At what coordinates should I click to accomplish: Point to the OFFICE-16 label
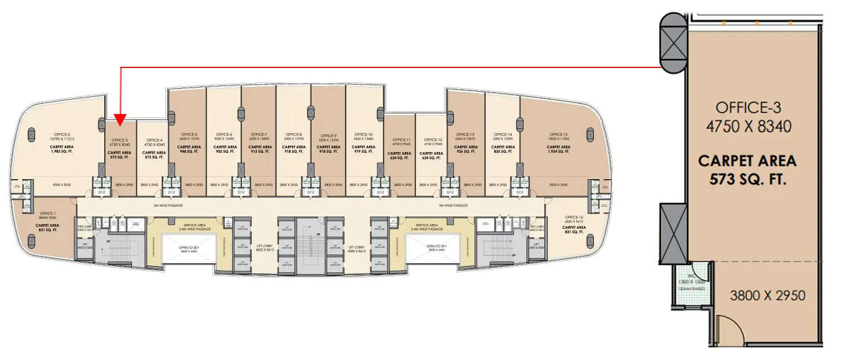coord(573,216)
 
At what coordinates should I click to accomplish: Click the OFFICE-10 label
coord(364,134)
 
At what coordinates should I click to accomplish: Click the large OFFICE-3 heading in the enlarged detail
coord(748,107)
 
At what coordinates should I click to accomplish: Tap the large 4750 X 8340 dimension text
coord(748,126)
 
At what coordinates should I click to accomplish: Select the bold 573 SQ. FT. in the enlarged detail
coord(748,180)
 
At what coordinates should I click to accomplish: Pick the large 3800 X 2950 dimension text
coord(767,296)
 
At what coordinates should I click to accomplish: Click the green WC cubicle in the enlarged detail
coord(691,285)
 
